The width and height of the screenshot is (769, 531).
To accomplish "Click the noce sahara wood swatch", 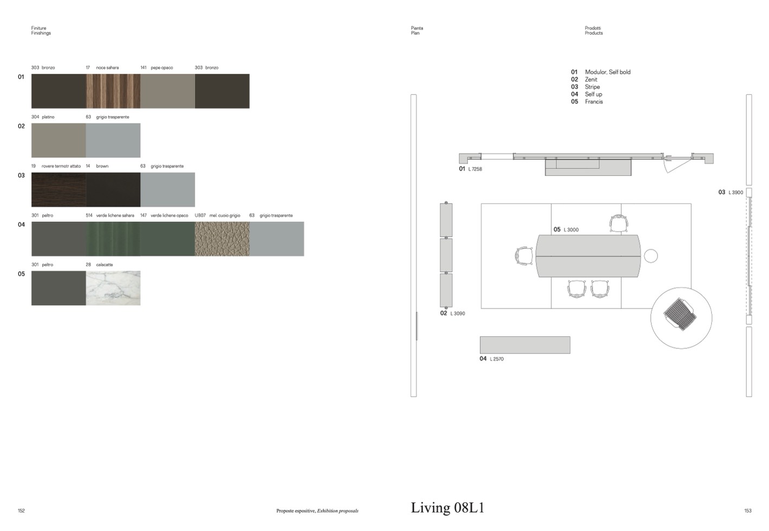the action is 113,91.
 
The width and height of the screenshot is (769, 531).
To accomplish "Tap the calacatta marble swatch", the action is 113,288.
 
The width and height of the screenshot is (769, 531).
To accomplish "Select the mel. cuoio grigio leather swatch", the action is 222,239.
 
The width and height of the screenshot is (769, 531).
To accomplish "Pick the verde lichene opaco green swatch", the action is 167,239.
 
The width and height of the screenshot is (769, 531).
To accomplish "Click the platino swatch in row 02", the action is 58,140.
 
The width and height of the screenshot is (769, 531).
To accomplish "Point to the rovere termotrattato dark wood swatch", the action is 58,190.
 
